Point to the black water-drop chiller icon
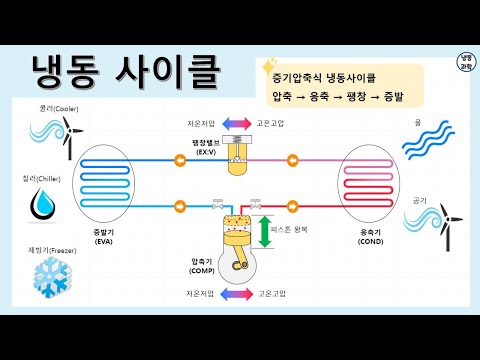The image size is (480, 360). click(43, 205)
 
